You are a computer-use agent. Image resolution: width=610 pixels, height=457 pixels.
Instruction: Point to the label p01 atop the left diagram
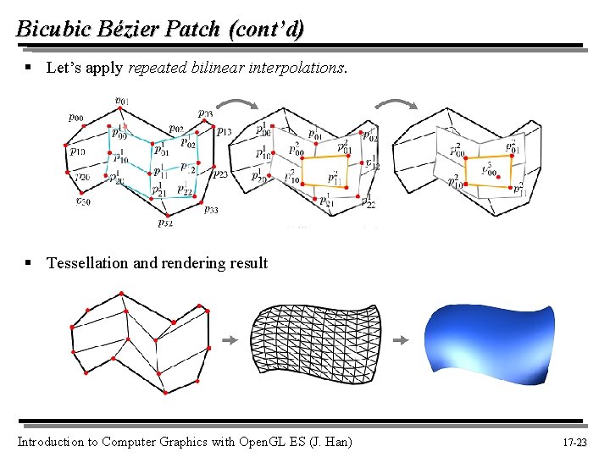coord(122,102)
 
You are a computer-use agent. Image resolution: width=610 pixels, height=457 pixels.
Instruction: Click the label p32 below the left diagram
coord(165,223)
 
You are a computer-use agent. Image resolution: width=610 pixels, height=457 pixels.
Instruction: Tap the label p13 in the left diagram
coord(224,131)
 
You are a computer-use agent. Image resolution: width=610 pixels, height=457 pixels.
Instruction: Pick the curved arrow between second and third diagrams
coord(395,106)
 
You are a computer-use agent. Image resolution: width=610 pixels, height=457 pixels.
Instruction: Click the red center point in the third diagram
coord(499,177)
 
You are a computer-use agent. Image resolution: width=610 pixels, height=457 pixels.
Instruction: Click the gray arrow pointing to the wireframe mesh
coord(228,340)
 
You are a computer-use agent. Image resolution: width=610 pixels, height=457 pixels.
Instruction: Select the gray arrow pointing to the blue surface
coord(402,340)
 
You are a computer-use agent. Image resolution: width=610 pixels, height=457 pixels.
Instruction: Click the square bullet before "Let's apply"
coord(28,67)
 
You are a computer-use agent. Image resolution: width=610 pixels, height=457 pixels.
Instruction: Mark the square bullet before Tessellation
coord(28,262)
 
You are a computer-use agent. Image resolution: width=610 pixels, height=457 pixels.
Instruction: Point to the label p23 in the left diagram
coord(219,174)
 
